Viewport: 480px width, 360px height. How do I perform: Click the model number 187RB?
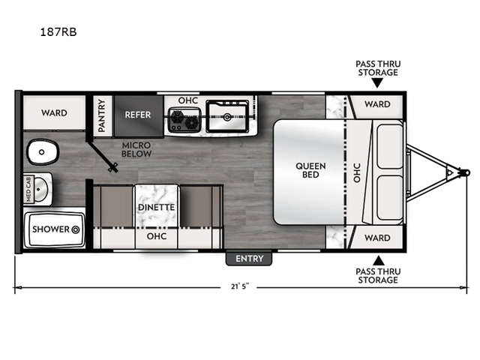58,31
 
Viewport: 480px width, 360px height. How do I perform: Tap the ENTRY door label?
249,259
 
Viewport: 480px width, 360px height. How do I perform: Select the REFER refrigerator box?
138,115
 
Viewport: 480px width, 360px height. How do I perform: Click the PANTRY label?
101,115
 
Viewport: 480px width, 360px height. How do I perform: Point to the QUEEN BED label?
310,170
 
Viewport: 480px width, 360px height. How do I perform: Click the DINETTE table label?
157,207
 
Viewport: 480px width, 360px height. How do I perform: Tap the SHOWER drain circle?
76,229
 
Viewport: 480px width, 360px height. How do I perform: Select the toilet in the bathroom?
43,151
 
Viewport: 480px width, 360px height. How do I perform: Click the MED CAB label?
28,189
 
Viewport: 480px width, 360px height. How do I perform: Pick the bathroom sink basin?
40,189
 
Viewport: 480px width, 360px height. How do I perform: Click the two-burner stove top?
184,120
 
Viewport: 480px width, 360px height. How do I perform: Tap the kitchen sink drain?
227,117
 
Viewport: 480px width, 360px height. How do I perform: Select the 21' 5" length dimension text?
240,286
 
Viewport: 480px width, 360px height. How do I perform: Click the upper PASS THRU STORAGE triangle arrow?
378,83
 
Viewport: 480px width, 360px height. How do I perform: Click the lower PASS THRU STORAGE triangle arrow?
378,260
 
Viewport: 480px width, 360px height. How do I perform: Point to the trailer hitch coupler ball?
466,172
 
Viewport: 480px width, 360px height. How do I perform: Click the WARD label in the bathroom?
54,112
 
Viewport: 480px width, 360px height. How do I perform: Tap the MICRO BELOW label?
136,149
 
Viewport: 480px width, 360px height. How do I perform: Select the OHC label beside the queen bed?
357,172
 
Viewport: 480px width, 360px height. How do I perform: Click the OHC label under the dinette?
157,236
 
